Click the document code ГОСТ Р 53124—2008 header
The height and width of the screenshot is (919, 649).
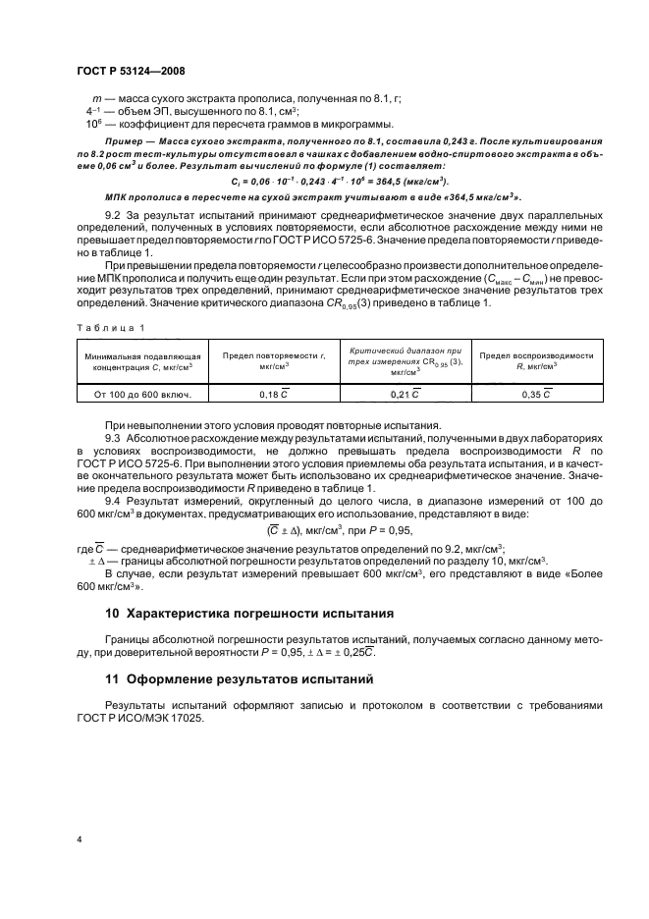pos(130,72)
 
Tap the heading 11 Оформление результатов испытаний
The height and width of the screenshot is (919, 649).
pos(234,678)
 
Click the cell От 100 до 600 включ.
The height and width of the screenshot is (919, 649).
pos(143,394)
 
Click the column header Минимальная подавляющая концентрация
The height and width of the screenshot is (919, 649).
pos(143,360)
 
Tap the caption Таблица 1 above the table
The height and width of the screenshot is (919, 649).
pos(111,328)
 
